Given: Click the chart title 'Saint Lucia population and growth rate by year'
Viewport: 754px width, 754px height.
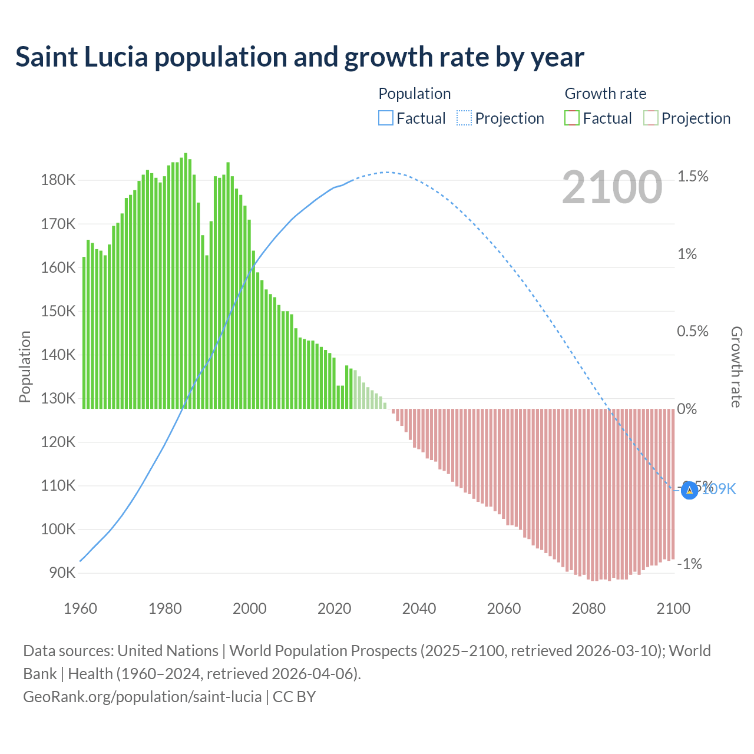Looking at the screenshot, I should pos(299,57).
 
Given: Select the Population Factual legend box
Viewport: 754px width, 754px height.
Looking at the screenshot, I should pos(385,118).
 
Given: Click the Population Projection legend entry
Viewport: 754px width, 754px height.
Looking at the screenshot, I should pos(500,118).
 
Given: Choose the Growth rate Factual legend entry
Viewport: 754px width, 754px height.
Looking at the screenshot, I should pos(598,118).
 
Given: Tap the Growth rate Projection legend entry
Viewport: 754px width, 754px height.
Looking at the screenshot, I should pos(687,118).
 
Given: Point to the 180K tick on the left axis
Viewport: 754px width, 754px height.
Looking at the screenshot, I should pos(58,180).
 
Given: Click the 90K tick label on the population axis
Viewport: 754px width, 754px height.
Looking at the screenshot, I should pos(61,573).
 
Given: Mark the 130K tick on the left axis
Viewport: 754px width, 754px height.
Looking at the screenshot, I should pos(58,398).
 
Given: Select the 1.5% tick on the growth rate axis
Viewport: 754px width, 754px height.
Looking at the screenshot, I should pos(693,177).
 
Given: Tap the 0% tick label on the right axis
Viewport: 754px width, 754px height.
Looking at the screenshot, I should pos(687,409).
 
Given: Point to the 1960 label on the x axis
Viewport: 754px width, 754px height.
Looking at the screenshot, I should pos(80,609).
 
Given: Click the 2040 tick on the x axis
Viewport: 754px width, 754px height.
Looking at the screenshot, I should pos(419,609).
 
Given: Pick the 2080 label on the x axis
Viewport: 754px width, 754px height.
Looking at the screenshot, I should pos(588,609).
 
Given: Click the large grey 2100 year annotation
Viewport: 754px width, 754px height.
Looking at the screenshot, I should pos(612,187).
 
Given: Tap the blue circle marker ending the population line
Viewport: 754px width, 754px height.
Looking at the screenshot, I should pos(689,490).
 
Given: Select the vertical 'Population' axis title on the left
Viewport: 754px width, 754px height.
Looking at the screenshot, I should pos(25,366).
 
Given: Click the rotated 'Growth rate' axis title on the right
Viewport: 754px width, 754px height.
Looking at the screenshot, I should pos(736,366).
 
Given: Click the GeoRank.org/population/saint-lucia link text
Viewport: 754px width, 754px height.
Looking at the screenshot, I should pos(142,697).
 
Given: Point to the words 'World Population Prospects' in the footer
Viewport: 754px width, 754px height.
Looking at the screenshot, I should pos(323,651).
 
